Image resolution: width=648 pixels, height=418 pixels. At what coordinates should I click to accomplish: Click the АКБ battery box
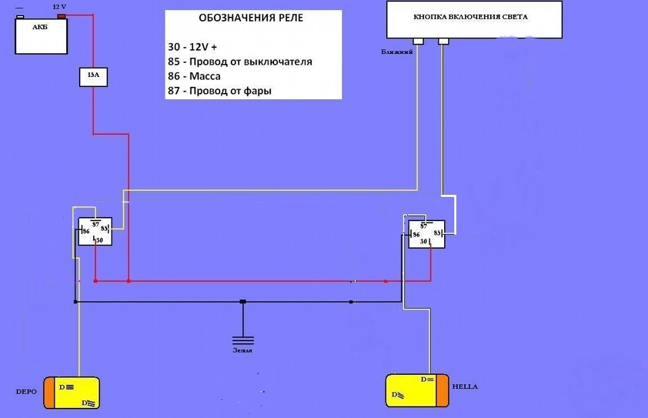point(42,35)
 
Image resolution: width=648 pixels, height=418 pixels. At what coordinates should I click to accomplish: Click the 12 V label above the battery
point(60,5)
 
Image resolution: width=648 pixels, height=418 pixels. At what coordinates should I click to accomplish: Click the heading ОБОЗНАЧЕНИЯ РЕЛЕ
point(250,18)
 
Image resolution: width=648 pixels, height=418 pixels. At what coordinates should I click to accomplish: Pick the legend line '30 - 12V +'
point(193,47)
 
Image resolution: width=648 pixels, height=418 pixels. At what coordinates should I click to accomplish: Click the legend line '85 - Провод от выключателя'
point(240,62)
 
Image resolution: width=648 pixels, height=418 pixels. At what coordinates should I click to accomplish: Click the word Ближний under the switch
point(397,51)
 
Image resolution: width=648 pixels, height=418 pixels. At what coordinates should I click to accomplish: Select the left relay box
point(94,231)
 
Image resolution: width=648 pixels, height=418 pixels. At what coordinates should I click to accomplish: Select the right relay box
point(427,233)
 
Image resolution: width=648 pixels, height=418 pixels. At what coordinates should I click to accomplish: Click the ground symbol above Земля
point(243,339)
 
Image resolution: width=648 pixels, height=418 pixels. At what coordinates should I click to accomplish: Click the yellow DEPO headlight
point(73,394)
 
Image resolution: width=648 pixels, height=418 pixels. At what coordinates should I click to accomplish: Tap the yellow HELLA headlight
point(416,390)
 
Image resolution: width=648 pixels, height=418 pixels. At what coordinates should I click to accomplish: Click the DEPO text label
point(25,391)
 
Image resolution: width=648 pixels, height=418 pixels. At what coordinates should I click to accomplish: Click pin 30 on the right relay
point(424,241)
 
